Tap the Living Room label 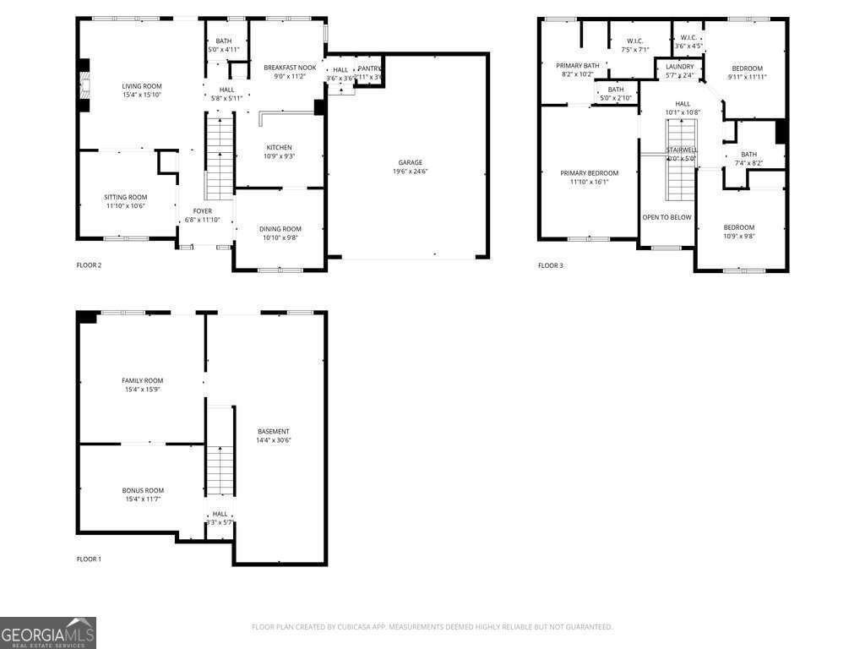(x=142, y=86)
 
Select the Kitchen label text (x=279, y=147)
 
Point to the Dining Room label (x=280, y=229)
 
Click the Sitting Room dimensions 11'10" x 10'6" (x=126, y=206)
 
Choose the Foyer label (x=202, y=211)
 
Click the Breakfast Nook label (x=290, y=68)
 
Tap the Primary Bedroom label (x=589, y=173)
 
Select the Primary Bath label (x=578, y=66)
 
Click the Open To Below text (x=666, y=217)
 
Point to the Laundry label (x=679, y=67)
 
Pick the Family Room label (x=142, y=380)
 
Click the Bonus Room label (x=142, y=490)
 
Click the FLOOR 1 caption (x=89, y=559)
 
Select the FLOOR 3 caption (x=550, y=265)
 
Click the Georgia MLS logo (x=48, y=633)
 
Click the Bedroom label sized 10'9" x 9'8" (x=738, y=227)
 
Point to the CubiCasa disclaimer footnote (x=432, y=627)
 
